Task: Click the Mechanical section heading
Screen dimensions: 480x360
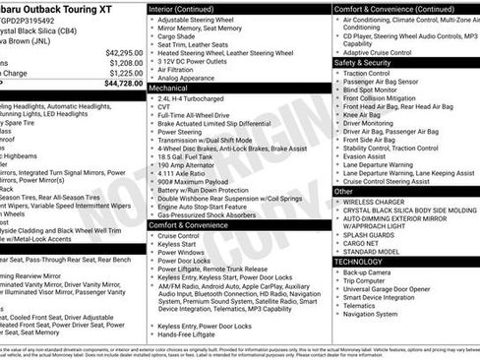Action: coord(174,88)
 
